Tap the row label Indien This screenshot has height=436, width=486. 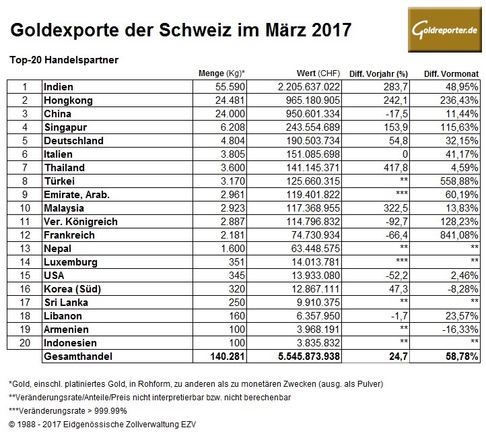coord(58,87)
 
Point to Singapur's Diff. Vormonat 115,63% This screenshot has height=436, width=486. coord(458,127)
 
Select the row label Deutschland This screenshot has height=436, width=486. coord(73,141)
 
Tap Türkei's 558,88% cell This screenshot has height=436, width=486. coord(458,181)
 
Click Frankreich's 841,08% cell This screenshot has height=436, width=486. coord(458,236)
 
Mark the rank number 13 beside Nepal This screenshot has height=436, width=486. coord(24,249)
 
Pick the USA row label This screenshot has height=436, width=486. coord(54,276)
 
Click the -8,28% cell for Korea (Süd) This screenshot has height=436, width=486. coord(462,290)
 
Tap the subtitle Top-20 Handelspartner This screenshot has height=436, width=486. coord(64,59)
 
